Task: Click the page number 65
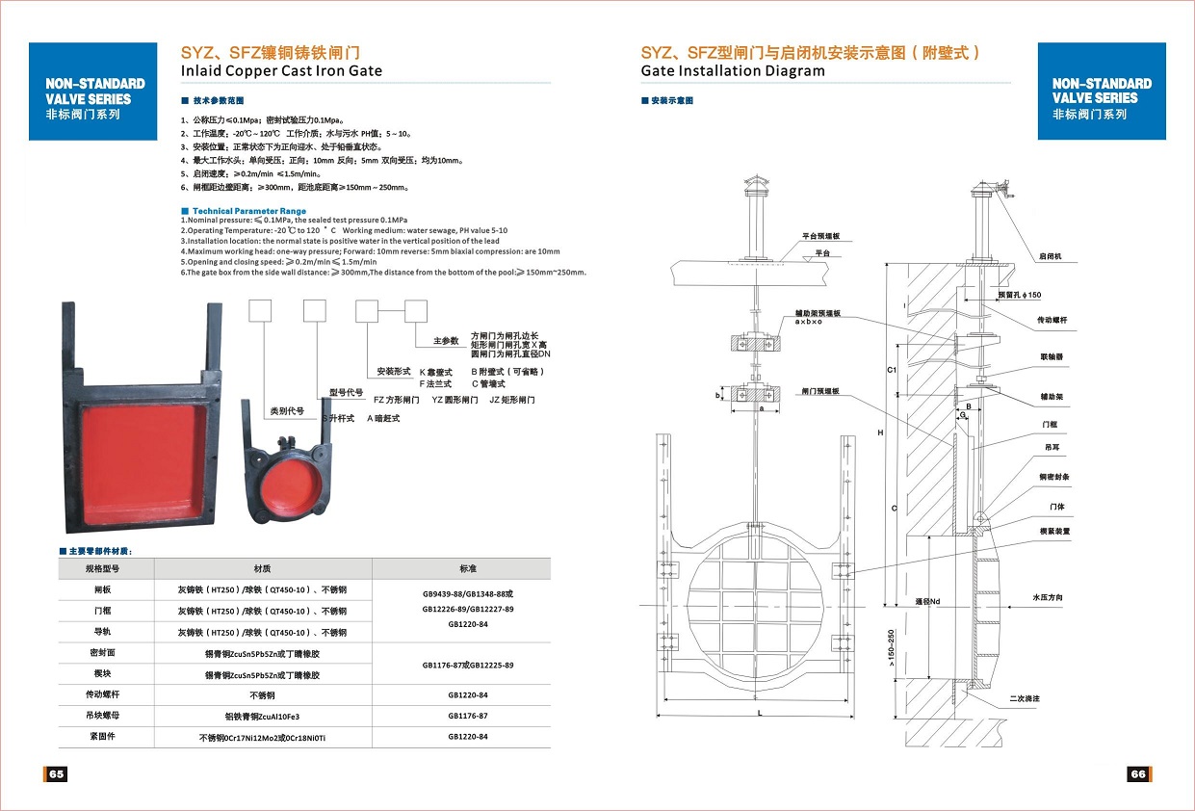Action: pyautogui.click(x=56, y=774)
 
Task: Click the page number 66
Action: pyautogui.click(x=1138, y=774)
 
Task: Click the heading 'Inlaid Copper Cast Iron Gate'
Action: pyautogui.click(x=281, y=70)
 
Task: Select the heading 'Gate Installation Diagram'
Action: pyautogui.click(x=733, y=70)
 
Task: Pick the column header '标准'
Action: pyautogui.click(x=468, y=568)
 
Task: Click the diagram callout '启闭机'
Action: pyautogui.click(x=1050, y=257)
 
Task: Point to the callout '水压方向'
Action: pyautogui.click(x=1048, y=598)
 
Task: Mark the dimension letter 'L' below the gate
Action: pyautogui.click(x=760, y=713)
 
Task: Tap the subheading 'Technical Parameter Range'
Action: pyautogui.click(x=249, y=211)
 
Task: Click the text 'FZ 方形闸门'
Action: pyautogui.click(x=397, y=399)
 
